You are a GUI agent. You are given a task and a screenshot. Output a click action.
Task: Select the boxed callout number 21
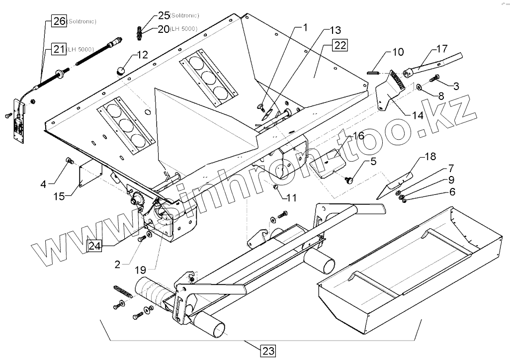pos(59,49)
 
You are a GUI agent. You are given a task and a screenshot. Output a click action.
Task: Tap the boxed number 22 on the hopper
pos(340,46)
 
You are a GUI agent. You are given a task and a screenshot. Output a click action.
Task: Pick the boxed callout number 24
pos(94,245)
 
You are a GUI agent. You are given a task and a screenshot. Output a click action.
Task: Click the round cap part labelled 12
pos(120,70)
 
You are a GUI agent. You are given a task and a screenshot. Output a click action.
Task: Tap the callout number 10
pos(398,52)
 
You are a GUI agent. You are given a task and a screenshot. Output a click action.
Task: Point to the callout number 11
pos(291,197)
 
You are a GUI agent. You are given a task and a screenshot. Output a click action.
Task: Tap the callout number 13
pos(336,30)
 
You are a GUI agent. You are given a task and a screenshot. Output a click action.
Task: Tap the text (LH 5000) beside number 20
pos(183,29)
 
